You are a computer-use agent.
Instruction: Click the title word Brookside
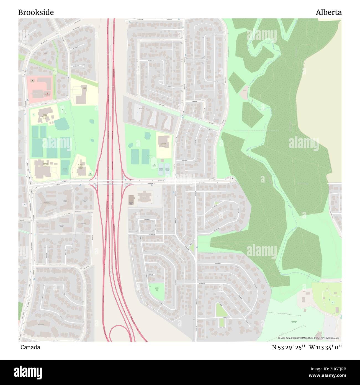pos(36,12)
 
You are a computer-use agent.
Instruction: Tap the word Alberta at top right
pos(328,12)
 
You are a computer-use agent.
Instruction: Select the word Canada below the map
pos(30,347)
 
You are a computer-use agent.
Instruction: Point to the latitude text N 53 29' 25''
pos(289,347)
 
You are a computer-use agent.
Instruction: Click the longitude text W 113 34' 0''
pos(325,347)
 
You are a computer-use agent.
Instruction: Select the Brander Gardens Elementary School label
pos(45,115)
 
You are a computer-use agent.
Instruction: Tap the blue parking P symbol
pos(24,205)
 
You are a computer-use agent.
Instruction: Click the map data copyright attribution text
pos(310,338)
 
